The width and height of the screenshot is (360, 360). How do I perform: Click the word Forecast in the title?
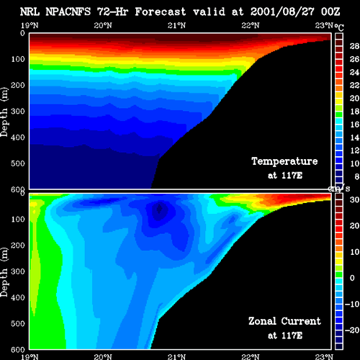161,12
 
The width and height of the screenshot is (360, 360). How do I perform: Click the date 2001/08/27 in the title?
282,12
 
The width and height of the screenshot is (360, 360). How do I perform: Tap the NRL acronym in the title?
30,12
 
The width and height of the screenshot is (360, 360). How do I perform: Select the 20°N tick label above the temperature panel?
103,25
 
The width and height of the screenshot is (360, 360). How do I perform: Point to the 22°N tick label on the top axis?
251,25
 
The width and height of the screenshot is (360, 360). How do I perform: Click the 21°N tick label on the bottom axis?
176,356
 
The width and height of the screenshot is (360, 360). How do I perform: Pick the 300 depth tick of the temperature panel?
18,112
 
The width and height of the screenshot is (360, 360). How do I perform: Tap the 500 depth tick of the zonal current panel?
18,323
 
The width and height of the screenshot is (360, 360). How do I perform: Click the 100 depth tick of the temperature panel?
18,59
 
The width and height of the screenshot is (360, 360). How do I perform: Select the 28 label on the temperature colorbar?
354,46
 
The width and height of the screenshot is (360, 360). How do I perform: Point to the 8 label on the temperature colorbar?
356,176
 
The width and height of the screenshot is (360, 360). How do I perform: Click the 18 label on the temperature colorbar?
354,112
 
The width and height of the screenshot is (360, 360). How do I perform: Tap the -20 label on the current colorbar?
352,330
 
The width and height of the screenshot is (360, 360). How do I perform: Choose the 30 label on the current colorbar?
354,199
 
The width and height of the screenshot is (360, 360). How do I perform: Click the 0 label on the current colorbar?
352,278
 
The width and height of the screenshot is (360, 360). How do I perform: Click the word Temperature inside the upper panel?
284,161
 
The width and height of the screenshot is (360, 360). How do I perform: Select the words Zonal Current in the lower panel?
284,321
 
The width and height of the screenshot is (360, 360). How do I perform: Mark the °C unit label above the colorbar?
339,27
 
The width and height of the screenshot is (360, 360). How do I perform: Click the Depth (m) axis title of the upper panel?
4,112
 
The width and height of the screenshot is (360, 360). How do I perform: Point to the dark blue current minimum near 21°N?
159,209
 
